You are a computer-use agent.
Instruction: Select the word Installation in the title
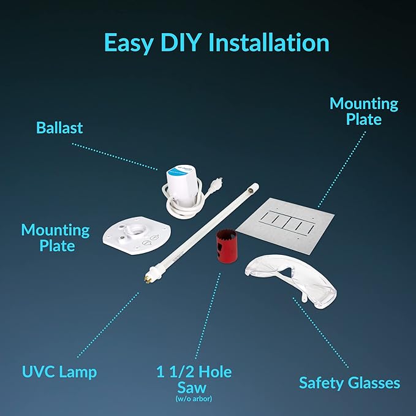pyautogui.click(x=268, y=43)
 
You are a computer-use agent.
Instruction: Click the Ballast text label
pyautogui.click(x=59, y=128)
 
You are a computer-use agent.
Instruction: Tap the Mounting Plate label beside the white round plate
pyautogui.click(x=55, y=238)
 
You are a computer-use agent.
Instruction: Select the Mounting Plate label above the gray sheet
pyautogui.click(x=363, y=111)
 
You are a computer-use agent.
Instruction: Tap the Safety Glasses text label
pyautogui.click(x=349, y=384)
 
